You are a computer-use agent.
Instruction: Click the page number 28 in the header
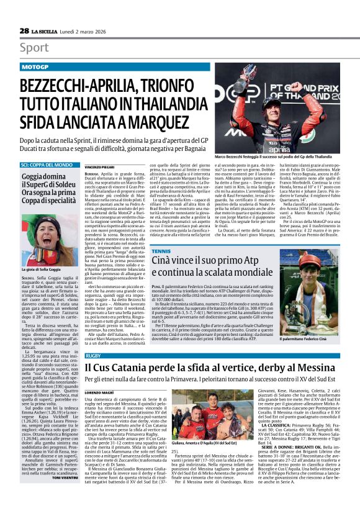coord(24,30)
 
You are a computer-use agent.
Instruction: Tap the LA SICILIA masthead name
coord(44,31)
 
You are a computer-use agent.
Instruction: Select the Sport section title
coord(34,48)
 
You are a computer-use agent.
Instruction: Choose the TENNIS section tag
coord(160,251)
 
